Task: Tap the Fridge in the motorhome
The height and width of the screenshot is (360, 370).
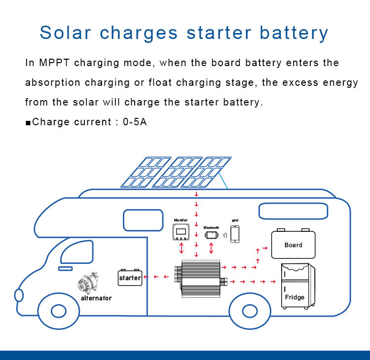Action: pyautogui.click(x=298, y=286)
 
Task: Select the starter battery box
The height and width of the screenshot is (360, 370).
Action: pyautogui.click(x=130, y=277)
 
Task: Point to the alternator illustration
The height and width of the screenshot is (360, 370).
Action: pyautogui.click(x=88, y=283)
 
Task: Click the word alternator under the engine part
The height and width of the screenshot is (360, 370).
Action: pyautogui.click(x=96, y=298)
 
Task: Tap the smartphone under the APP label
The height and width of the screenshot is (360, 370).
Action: pyautogui.click(x=235, y=234)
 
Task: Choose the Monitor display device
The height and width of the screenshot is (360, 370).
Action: pyautogui.click(x=181, y=232)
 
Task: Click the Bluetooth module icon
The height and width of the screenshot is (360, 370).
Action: pyautogui.click(x=212, y=235)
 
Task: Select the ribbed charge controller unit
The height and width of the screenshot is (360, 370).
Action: pyautogui.click(x=201, y=279)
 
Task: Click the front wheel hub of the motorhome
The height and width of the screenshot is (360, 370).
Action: pyautogui.click(x=59, y=311)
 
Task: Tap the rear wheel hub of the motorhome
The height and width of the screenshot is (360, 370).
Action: pyautogui.click(x=250, y=311)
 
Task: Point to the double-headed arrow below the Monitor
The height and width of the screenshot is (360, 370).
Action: pyautogui.click(x=181, y=248)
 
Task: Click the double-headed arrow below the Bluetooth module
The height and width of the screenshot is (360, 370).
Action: pyautogui.click(x=211, y=248)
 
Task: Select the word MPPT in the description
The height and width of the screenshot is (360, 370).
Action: pyautogui.click(x=54, y=63)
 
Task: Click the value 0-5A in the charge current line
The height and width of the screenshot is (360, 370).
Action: pyautogui.click(x=135, y=122)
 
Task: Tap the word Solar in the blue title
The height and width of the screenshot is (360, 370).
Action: pyautogui.click(x=65, y=33)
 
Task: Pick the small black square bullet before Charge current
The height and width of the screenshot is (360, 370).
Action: pyautogui.click(x=28, y=123)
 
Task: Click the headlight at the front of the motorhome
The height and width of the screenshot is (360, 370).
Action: pyautogui.click(x=19, y=295)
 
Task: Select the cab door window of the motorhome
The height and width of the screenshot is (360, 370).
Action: pyautogui.click(x=77, y=252)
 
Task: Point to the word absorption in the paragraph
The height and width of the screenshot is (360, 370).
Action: pyautogui.click(x=53, y=83)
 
